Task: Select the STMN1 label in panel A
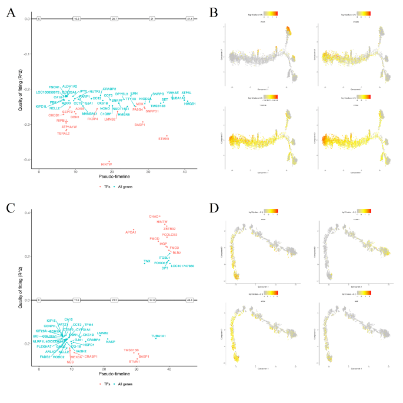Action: [x=164, y=139]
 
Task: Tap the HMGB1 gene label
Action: [x=189, y=104]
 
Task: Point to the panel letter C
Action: [x=11, y=207]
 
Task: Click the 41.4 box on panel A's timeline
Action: [x=189, y=19]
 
